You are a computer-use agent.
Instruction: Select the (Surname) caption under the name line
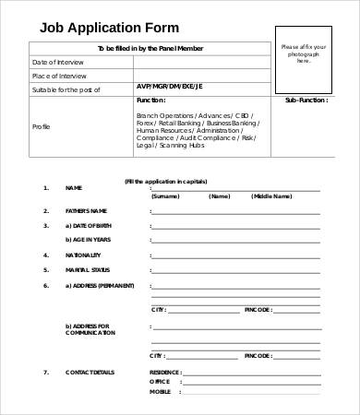click(x=165, y=196)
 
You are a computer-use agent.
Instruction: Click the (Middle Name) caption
click(x=272, y=196)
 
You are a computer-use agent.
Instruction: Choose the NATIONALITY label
click(x=83, y=255)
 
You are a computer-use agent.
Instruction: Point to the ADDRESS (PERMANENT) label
click(x=99, y=285)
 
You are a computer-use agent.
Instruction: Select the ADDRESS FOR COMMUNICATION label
click(x=88, y=329)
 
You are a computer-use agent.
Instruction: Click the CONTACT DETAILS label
click(x=89, y=372)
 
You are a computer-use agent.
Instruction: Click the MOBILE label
click(x=160, y=392)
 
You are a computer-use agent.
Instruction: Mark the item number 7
click(x=45, y=372)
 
